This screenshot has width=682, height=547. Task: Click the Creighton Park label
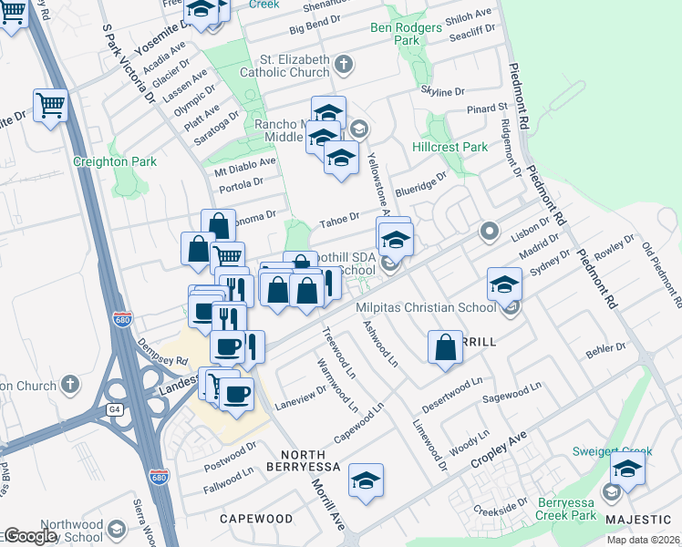click(115, 162)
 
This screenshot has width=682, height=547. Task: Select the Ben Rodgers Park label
click(407, 34)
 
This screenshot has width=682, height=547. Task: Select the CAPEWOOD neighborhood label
click(256, 519)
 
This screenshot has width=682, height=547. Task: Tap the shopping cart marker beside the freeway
click(51, 105)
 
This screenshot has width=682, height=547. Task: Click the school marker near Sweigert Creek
click(627, 470)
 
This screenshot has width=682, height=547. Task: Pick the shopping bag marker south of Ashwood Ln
click(444, 347)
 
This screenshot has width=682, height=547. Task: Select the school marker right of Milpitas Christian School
click(504, 284)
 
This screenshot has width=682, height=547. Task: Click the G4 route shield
click(115, 409)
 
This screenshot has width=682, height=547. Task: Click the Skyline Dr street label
click(442, 92)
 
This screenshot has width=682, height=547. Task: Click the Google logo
click(29, 536)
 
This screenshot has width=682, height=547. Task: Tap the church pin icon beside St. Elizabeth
click(343, 64)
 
